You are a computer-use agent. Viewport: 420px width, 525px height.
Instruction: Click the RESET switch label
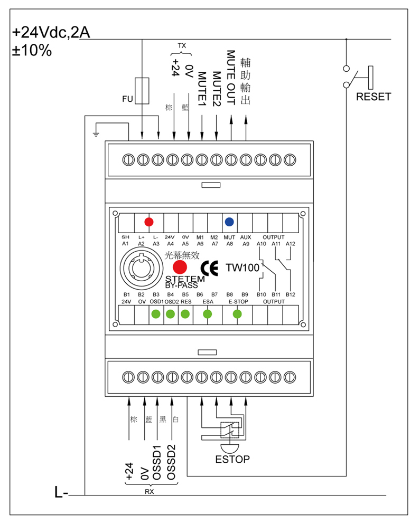pos(374,97)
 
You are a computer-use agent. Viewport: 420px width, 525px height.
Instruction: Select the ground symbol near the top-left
pos(96,130)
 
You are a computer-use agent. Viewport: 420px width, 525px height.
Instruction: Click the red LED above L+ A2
pos(149,222)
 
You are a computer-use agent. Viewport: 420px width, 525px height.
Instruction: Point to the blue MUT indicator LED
pos(230,222)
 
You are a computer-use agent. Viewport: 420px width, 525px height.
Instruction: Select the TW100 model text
pos(242,268)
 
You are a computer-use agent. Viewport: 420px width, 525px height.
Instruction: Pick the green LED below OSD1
pos(156,314)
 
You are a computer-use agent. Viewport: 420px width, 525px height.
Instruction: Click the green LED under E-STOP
pos(237,314)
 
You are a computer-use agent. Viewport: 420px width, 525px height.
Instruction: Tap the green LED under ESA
pos(208,314)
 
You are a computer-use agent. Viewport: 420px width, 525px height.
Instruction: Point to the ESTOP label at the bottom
pos(232,459)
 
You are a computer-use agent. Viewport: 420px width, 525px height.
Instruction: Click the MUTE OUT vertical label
pos(231,78)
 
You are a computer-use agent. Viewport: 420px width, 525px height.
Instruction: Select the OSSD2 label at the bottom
pos(171,462)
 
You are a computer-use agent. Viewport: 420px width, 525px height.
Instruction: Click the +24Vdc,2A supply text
pos(52,33)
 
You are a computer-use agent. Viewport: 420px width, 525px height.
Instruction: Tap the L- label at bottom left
pos(61,493)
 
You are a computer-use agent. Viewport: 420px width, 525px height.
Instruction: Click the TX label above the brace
pos(182,46)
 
